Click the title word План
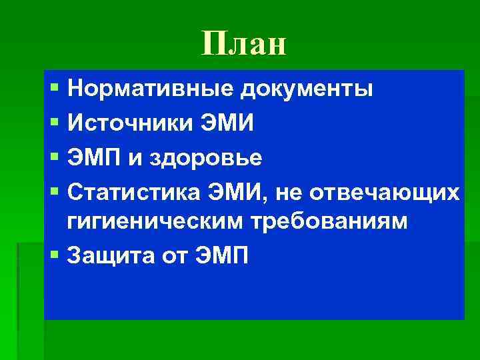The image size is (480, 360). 243,44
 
